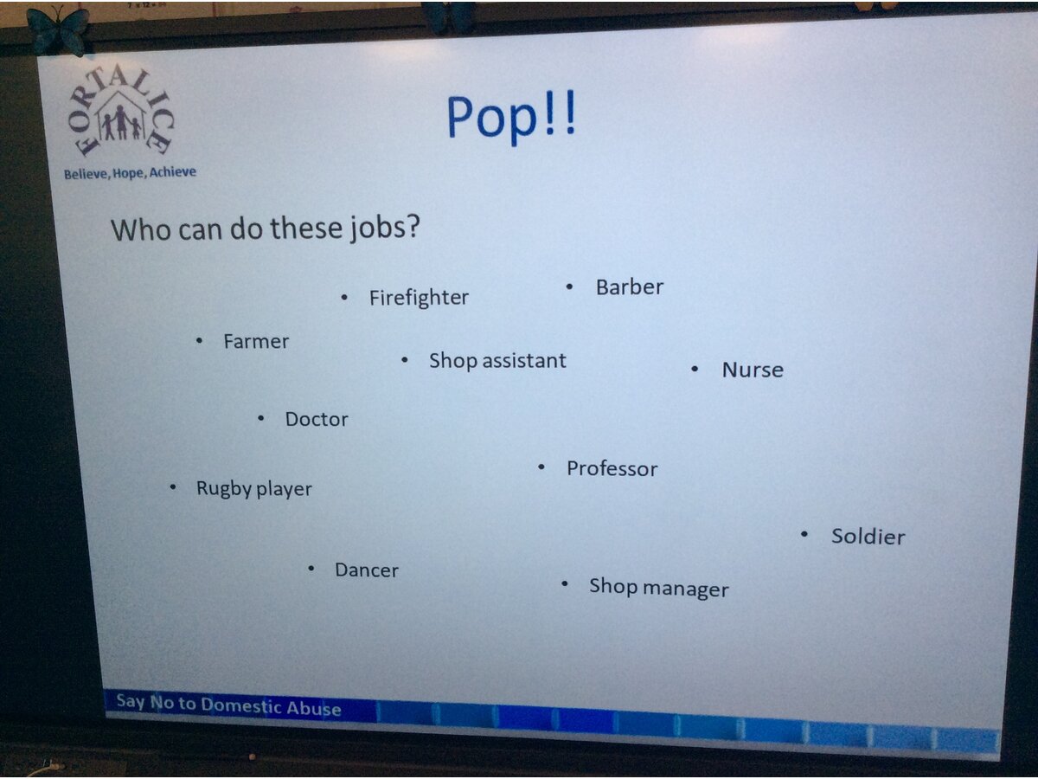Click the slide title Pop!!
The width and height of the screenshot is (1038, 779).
pos(511,118)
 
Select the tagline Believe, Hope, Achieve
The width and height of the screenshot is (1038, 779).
pos(130,172)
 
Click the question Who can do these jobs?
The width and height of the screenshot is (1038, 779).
pos(266,229)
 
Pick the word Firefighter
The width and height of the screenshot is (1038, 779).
pos(419,299)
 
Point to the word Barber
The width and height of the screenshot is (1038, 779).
pos(630,287)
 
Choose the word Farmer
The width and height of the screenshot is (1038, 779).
pos(256,342)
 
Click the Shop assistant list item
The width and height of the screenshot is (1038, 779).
pos(497,361)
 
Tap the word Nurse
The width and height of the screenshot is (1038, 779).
pos(753,370)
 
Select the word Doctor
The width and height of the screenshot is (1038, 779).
pos(317,420)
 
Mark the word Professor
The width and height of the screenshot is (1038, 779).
pos(612,469)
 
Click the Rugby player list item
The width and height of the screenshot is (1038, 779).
pos(254,489)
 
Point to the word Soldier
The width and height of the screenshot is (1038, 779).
pos(868,537)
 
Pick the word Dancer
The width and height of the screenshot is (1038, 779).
pos(367,570)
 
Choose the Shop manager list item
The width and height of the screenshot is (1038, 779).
pos(659,589)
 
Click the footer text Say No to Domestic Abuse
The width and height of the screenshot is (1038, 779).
pos(228,705)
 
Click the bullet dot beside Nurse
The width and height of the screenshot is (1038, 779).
pos(695,369)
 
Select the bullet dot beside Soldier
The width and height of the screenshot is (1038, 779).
pos(804,534)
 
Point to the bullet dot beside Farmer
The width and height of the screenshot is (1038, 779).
pos(199,340)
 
